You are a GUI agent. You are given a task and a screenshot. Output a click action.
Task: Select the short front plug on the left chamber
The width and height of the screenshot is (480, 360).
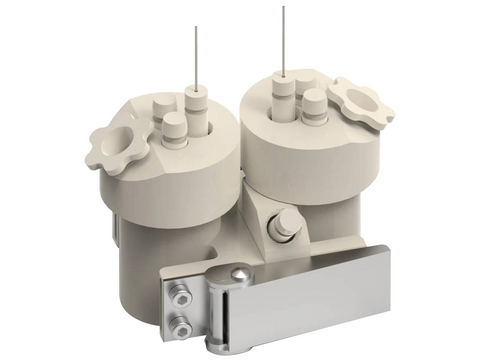point(175,130)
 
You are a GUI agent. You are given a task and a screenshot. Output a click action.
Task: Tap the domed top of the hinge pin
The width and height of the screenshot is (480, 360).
point(239,273)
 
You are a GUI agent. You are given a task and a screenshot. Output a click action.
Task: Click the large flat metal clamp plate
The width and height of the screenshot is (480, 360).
point(320,300)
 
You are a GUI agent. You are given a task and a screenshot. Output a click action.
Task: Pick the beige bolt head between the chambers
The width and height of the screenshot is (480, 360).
point(284,224)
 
